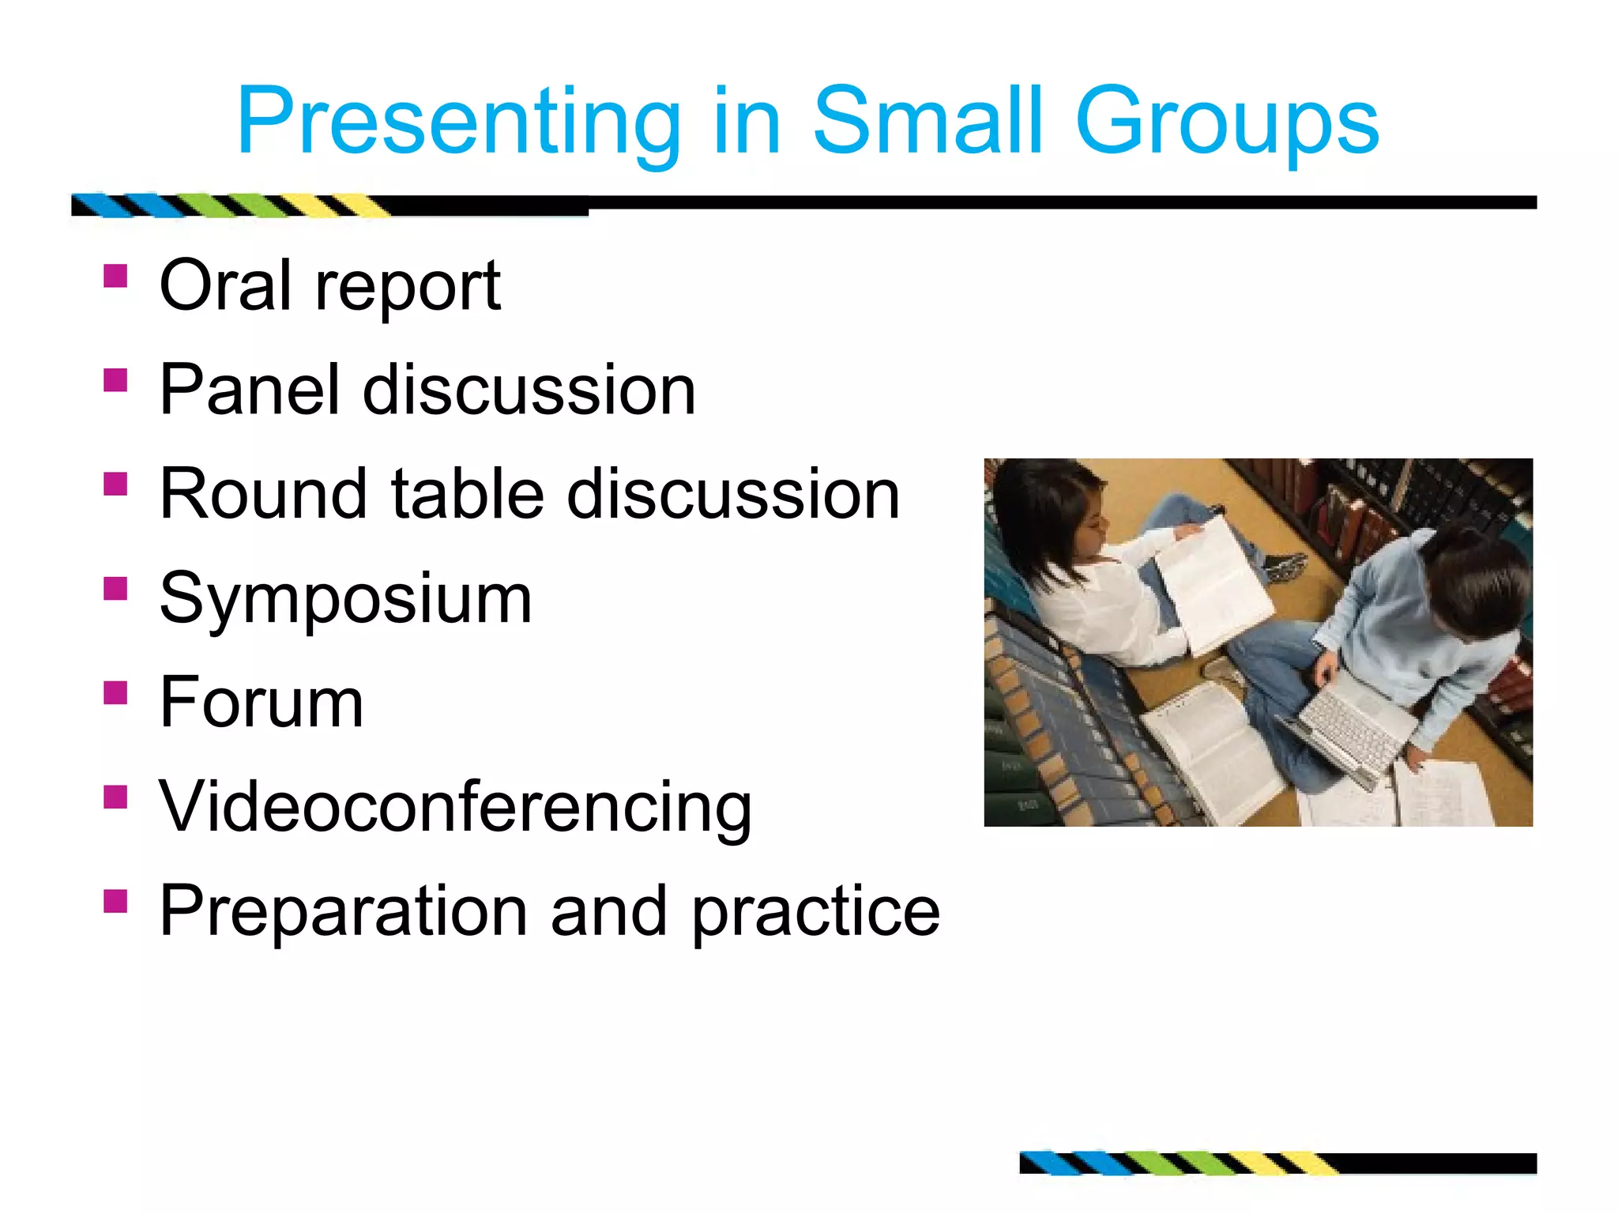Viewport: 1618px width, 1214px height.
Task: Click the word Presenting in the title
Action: tap(458, 123)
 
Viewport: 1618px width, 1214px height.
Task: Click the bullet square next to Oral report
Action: tap(115, 276)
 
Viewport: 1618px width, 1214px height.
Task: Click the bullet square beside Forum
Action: tap(115, 693)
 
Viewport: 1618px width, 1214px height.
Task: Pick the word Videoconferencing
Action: tap(455, 808)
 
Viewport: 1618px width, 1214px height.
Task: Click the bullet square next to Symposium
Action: tap(115, 589)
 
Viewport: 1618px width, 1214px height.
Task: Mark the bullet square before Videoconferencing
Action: tap(115, 797)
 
